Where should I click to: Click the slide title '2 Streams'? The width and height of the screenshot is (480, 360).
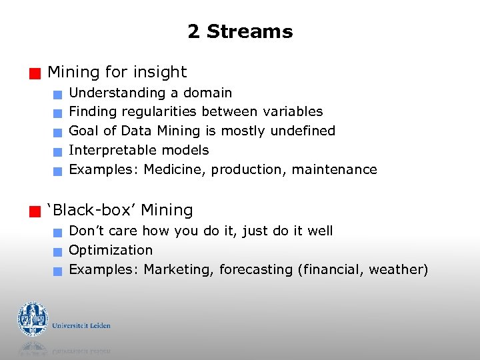[x=240, y=31]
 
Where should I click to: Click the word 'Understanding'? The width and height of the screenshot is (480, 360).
[x=117, y=93]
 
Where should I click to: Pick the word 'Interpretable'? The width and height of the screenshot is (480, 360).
[x=113, y=150]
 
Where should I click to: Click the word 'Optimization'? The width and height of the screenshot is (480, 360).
[x=111, y=250]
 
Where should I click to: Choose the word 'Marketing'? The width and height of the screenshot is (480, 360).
[x=177, y=269]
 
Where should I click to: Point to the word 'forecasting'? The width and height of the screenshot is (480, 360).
[x=256, y=269]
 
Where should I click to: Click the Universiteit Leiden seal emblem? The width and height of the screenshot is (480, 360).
[x=33, y=319]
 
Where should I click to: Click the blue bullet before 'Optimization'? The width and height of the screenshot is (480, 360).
[x=59, y=252]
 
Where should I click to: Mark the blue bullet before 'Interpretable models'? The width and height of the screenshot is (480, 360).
[x=59, y=152]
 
